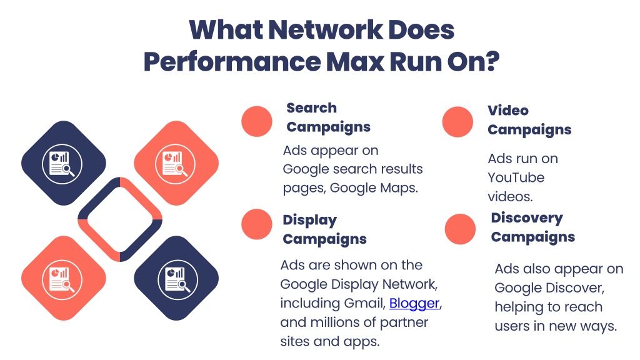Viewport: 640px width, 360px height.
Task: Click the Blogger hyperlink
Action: click(x=414, y=304)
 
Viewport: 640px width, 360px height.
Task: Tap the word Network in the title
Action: click(x=326, y=30)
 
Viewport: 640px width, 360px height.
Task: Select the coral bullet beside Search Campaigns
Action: click(x=257, y=121)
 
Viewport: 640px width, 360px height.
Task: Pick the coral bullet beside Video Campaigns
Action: click(x=457, y=122)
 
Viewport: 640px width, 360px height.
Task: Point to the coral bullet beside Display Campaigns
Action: click(x=257, y=224)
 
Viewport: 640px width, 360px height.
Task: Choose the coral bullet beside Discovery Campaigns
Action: click(x=460, y=229)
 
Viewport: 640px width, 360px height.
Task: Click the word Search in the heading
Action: click(x=311, y=108)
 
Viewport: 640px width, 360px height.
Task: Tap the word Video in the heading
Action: click(x=508, y=110)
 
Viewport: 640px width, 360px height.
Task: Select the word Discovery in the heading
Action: click(x=527, y=218)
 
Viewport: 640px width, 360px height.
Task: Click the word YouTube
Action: click(x=516, y=177)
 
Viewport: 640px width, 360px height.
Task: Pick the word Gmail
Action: click(x=364, y=303)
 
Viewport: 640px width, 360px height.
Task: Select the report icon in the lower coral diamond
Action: click(x=62, y=279)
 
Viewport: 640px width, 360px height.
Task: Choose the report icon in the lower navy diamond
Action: click(x=177, y=279)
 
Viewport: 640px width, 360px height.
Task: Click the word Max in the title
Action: click(x=355, y=62)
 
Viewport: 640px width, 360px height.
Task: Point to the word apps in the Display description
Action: click(x=362, y=342)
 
